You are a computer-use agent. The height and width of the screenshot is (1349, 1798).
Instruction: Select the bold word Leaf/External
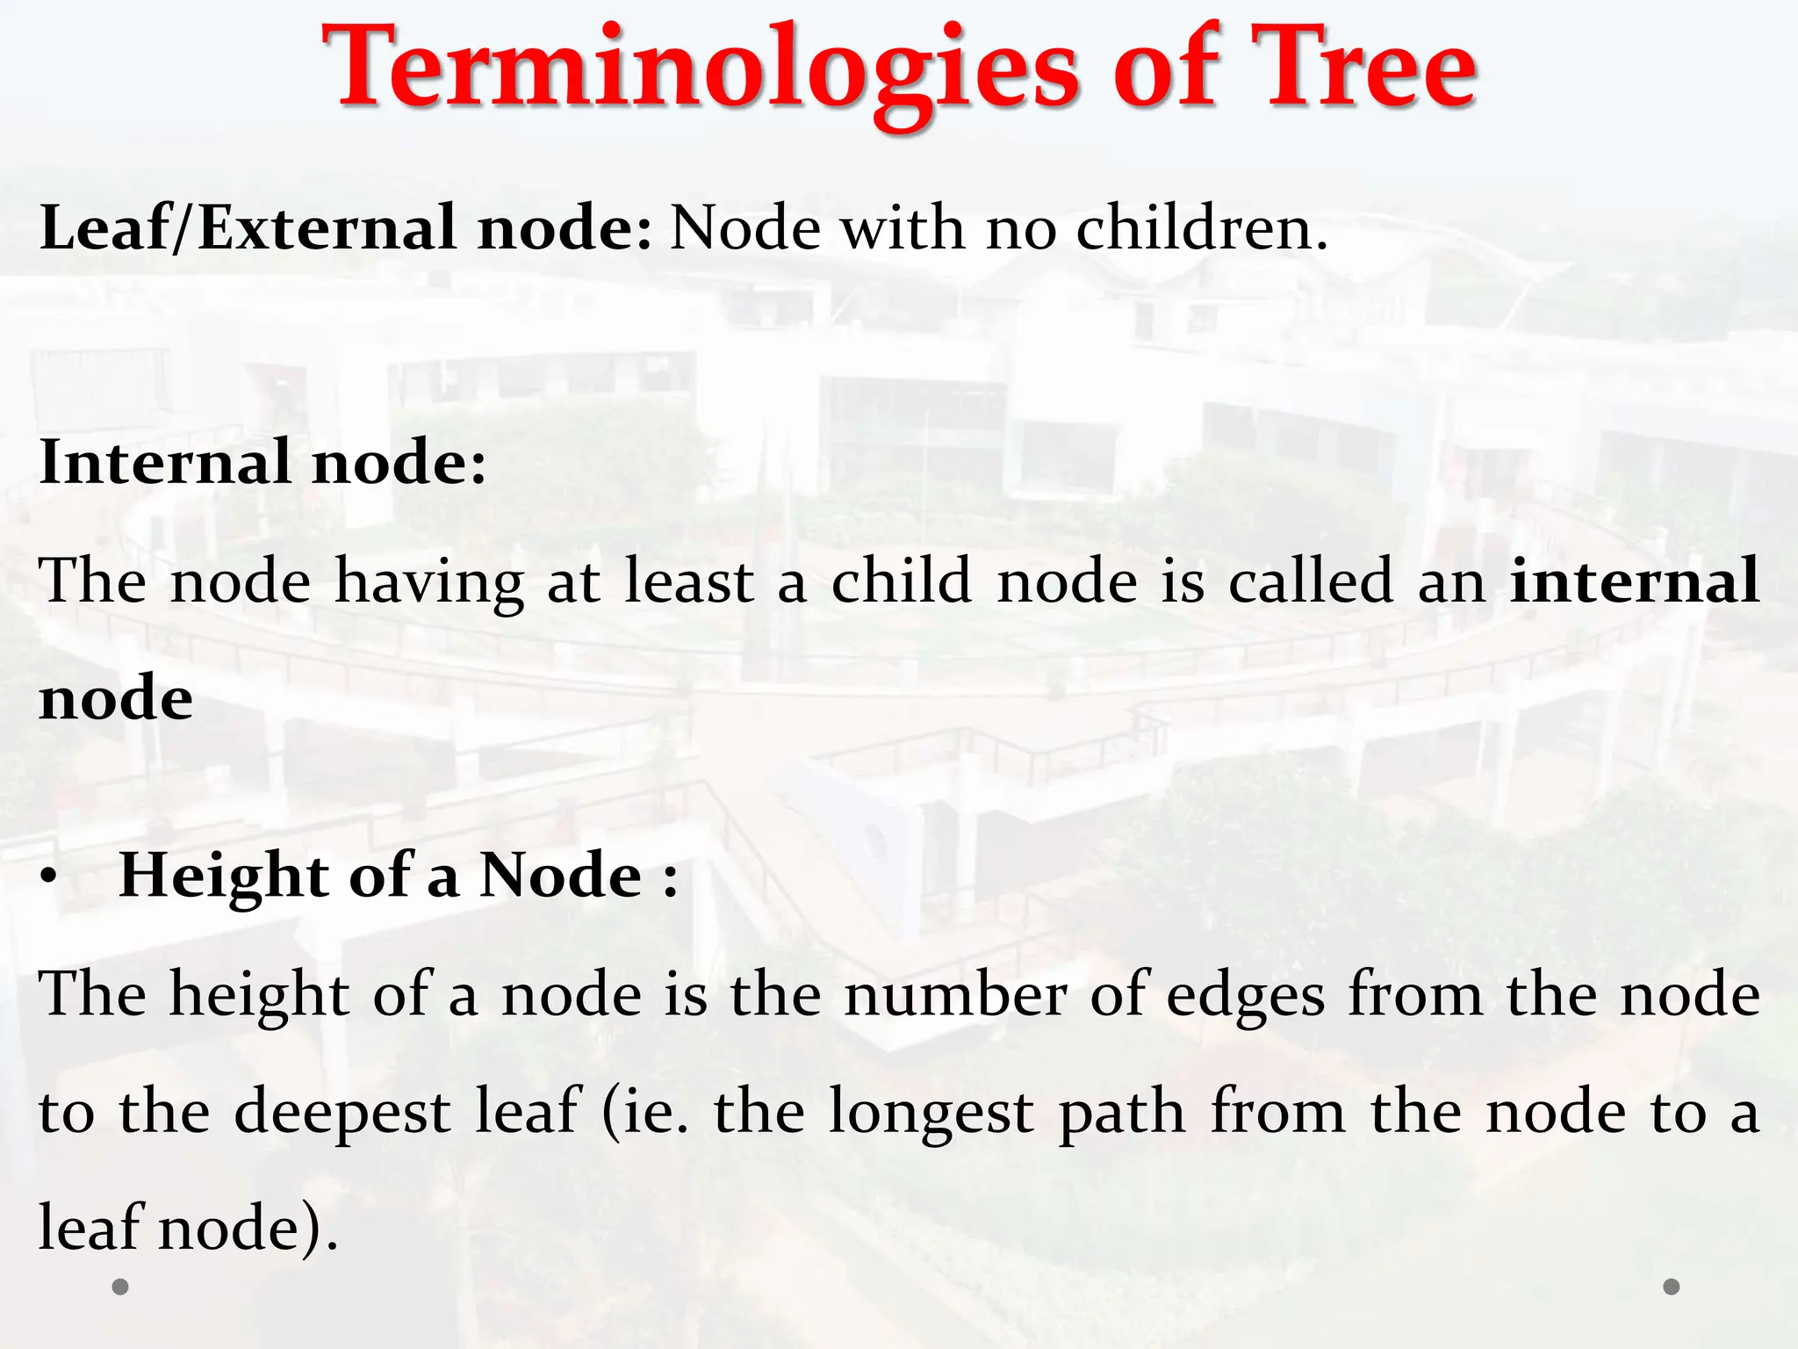coord(248,228)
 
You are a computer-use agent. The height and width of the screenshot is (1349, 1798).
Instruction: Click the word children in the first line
coord(1202,228)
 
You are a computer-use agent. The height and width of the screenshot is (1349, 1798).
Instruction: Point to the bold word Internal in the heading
coord(165,462)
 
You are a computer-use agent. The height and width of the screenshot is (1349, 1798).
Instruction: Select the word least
coord(689,581)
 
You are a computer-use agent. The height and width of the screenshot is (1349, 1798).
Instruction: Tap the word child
coord(901,581)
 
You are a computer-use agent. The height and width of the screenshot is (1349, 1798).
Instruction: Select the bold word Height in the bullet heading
coord(224,876)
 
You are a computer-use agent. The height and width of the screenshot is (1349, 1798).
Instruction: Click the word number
coord(955,994)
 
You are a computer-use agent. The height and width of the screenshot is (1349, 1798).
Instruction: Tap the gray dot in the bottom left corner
coord(121,1287)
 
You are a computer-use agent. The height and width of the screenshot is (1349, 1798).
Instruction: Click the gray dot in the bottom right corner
coord(1672,1287)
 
